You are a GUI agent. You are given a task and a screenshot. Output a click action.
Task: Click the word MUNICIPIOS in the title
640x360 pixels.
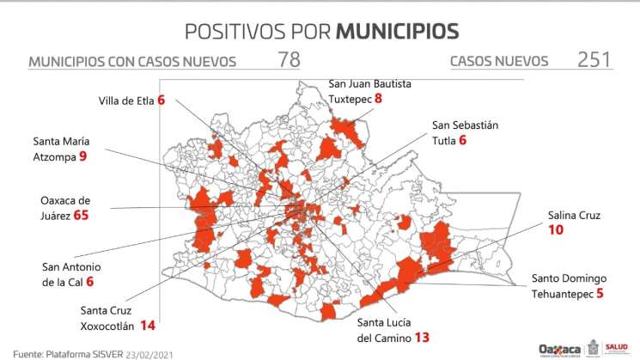point(397,31)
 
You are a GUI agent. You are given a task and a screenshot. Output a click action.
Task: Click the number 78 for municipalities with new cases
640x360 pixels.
point(290,60)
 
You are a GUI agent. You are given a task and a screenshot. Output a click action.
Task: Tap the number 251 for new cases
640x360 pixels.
point(594,60)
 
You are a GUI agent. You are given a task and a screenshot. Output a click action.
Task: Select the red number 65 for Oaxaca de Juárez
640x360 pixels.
point(82,215)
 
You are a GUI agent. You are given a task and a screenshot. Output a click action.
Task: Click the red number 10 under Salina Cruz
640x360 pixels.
point(557,230)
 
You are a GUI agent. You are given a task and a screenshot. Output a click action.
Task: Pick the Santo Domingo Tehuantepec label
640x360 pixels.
point(569,285)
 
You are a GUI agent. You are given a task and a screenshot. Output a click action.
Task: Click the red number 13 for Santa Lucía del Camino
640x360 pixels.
point(422,337)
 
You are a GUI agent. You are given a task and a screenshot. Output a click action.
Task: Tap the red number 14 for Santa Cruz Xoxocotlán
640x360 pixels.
point(148,326)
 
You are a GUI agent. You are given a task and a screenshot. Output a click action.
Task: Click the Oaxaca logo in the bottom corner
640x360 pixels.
point(558,349)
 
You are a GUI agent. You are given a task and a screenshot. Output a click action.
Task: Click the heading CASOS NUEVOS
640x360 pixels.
point(498,61)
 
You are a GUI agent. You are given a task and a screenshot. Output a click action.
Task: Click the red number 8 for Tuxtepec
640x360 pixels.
point(378,99)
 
